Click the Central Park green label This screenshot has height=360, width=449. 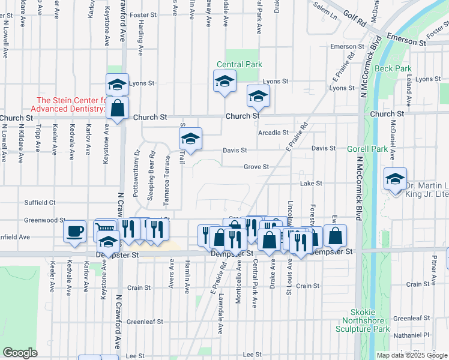[x=239, y=64]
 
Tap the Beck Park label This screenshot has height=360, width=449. [x=393, y=68]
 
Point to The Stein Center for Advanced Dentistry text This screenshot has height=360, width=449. [x=71, y=104]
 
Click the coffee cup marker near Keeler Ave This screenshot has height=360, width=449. [x=75, y=232]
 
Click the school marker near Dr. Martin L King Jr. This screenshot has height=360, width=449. [x=396, y=180]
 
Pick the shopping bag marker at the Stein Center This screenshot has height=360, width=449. [x=118, y=109]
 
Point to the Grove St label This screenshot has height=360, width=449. [x=255, y=167]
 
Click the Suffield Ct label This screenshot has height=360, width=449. [x=40, y=203]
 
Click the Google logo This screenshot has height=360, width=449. [x=20, y=353]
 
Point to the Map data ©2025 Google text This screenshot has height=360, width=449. [x=411, y=355]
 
